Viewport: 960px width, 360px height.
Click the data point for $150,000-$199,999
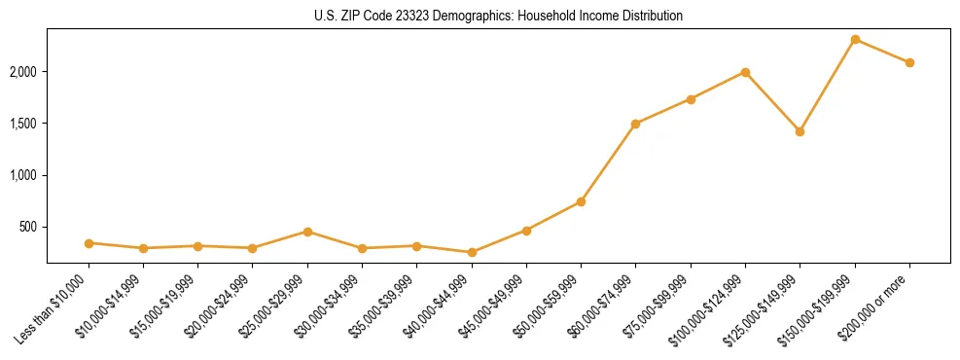pyautogui.click(x=855, y=39)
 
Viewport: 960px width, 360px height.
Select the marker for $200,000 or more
pyautogui.click(x=909, y=62)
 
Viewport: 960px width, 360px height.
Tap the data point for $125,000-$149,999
pyautogui.click(x=800, y=131)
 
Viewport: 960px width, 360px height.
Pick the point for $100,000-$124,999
pyautogui.click(x=745, y=72)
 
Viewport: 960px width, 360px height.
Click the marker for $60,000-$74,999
pyautogui.click(x=635, y=124)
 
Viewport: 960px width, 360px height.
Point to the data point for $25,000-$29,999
pyautogui.click(x=307, y=232)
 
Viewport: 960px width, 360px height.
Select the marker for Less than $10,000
pyautogui.click(x=89, y=243)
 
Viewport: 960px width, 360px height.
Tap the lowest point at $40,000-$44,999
pyautogui.click(x=472, y=252)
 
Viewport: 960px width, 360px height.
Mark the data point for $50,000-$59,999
pyautogui.click(x=581, y=201)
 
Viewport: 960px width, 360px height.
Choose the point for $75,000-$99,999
pyautogui.click(x=691, y=99)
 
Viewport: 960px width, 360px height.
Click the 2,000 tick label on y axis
pyautogui.click(x=23, y=72)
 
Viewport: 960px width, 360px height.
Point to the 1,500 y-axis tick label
pyautogui.click(x=23, y=124)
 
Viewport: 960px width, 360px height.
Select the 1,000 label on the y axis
pyautogui.click(x=23, y=175)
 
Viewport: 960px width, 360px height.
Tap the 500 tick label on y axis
pyautogui.click(x=28, y=227)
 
